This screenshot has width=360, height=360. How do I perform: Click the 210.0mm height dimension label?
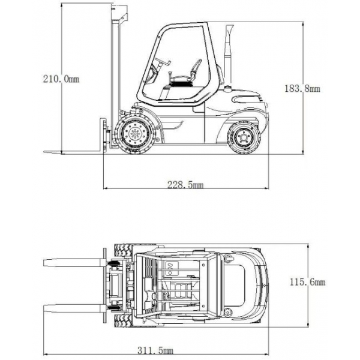[x=61, y=79]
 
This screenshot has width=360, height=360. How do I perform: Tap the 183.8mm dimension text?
[x=302, y=88]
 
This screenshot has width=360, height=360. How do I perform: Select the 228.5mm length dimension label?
[x=185, y=184]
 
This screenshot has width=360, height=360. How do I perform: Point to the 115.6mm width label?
[x=307, y=282]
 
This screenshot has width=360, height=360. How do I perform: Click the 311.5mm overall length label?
[x=155, y=350]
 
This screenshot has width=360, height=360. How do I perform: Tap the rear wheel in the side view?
[x=244, y=137]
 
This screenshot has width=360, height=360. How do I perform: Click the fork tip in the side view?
[x=44, y=152]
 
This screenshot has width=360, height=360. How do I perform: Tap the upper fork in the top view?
[x=74, y=262]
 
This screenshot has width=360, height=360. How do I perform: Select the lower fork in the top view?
[x=74, y=308]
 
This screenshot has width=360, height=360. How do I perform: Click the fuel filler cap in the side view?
[x=228, y=89]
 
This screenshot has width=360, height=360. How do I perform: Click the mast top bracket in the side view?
[x=119, y=14]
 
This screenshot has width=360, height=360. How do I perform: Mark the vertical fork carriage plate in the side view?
[x=103, y=135]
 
